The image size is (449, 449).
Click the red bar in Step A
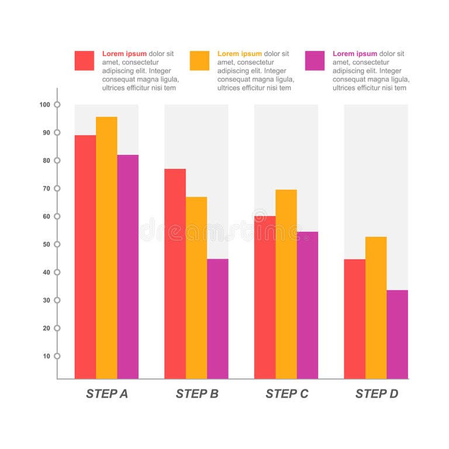click(85, 257)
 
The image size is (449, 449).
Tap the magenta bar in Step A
click(128, 267)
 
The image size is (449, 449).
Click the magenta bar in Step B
click(217, 319)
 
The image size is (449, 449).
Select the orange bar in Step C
click(286, 284)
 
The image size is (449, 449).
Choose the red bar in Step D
click(354, 319)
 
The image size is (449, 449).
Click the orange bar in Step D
click(376, 308)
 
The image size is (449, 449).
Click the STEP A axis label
click(107, 393)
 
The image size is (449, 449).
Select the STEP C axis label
click(286, 393)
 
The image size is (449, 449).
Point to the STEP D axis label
click(377, 393)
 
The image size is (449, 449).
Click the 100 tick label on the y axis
click(45, 105)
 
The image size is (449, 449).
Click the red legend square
click(84, 61)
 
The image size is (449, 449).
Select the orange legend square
click(199, 61)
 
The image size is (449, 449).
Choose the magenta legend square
click(315, 61)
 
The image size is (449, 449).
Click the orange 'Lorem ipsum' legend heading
click(240, 54)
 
